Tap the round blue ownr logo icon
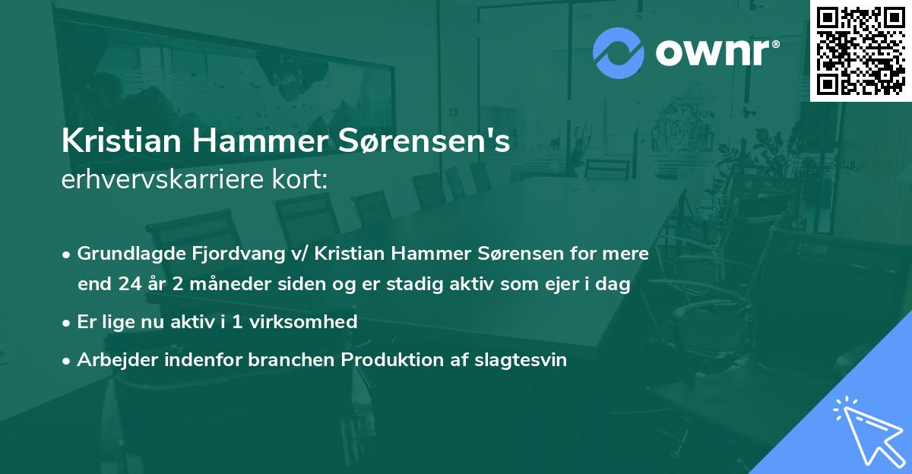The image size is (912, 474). tap(619, 53)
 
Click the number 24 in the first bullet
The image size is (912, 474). tap(128, 284)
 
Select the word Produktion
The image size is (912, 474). tap(383, 359)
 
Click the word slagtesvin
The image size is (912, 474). tap(523, 359)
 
